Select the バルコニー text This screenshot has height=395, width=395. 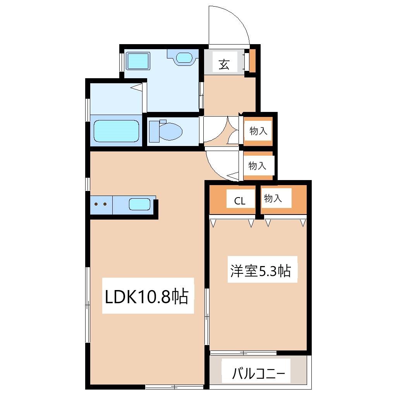(259, 374)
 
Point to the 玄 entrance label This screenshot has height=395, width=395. (224, 64)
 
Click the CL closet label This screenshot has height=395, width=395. (240, 201)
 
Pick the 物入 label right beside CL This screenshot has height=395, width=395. (273, 199)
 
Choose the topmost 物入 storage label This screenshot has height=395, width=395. (258, 131)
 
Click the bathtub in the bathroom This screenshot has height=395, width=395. (116, 131)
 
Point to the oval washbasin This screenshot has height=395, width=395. (183, 58)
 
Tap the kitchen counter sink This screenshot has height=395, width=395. (139, 204)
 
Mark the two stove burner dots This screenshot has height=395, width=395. (100, 204)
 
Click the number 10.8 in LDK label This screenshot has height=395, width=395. (153, 297)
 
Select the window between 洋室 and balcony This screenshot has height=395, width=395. (243, 353)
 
